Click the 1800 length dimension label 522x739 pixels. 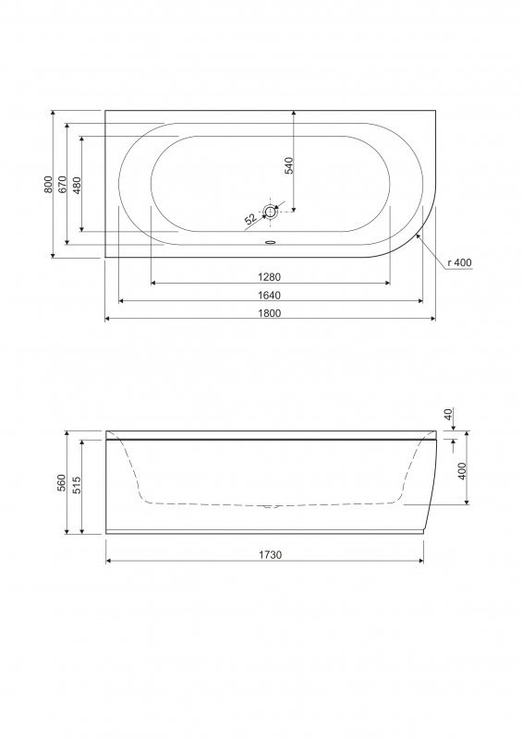[270, 312]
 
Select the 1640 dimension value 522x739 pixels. [270, 295]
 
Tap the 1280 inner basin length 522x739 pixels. [270, 277]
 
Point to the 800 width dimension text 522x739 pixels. [49, 185]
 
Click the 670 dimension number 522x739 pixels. [64, 185]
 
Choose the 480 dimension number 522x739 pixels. [78, 185]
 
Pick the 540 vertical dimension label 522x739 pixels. [289, 165]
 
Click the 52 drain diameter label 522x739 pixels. [249, 220]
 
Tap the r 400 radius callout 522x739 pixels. [459, 263]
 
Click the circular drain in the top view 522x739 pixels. [270, 212]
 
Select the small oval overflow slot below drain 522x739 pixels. [270, 244]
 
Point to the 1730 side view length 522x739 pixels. [270, 555]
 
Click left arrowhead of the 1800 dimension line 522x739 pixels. [107, 319]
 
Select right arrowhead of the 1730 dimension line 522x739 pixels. [420, 562]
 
